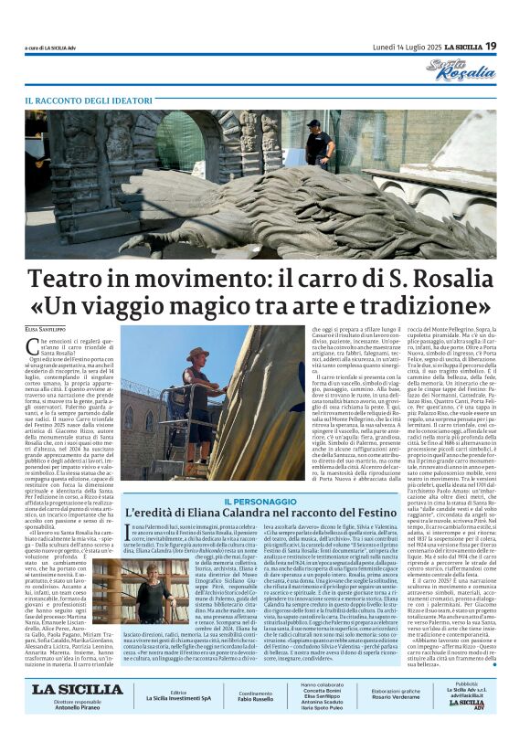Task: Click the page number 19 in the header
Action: coord(491,46)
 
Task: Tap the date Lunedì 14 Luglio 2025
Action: coord(408,47)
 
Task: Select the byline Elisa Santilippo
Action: coord(49,327)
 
